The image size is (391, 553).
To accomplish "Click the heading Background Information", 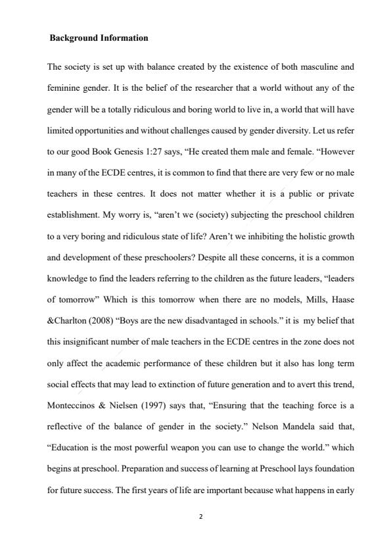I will pos(99,38).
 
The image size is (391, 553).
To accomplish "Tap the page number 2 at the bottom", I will pos(200,516).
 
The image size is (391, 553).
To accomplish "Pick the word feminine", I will pos(64,87).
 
